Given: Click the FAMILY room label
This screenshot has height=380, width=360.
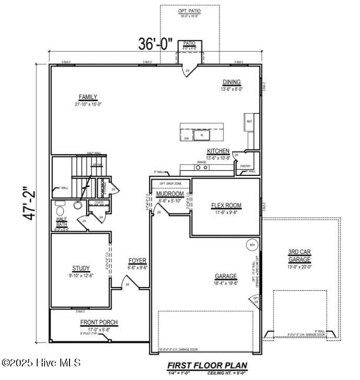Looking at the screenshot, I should tap(88, 97).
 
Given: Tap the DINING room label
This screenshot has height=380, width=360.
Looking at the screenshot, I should tap(231, 82).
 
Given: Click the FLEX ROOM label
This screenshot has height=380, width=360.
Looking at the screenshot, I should tap(226, 206).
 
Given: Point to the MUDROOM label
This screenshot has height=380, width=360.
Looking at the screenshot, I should tap(170, 194).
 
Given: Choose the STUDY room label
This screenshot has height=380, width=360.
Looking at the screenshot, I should tap(81, 268).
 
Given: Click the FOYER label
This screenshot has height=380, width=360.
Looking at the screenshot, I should tap(137, 260).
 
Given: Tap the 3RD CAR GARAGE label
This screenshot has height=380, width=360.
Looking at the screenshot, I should tap(299, 255).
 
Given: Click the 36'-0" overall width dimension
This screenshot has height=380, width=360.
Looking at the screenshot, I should tap(155, 44).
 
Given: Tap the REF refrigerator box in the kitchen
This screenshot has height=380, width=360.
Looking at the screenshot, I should tap(249, 122).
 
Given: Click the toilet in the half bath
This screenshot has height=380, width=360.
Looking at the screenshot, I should tap(77, 206).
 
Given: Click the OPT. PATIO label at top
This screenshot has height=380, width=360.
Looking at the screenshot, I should tap(189, 10).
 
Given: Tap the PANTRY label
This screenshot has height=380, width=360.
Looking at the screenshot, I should tap(246, 166).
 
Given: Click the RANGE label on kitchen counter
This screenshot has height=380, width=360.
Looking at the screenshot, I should tap(201, 162).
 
